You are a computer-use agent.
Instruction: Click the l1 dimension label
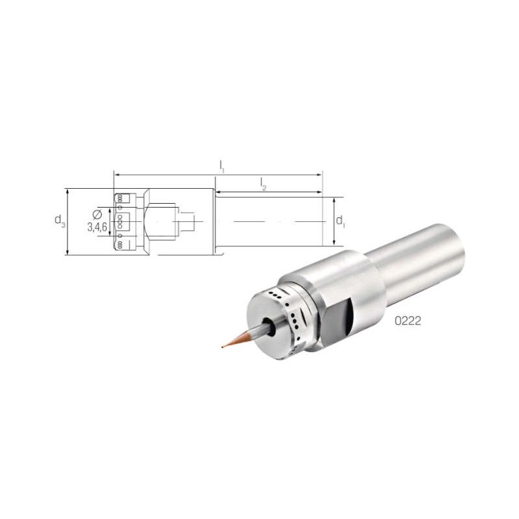coord(221,166)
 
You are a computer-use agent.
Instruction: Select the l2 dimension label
coord(263,184)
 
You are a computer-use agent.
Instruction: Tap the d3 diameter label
coord(60,221)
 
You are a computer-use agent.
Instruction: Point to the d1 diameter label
coord(340,221)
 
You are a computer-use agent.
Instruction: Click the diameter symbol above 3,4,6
coord(97,215)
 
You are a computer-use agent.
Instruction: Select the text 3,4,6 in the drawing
coord(97,227)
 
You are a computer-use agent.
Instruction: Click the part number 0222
coord(408,320)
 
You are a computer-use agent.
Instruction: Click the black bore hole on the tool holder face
coord(269,327)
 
